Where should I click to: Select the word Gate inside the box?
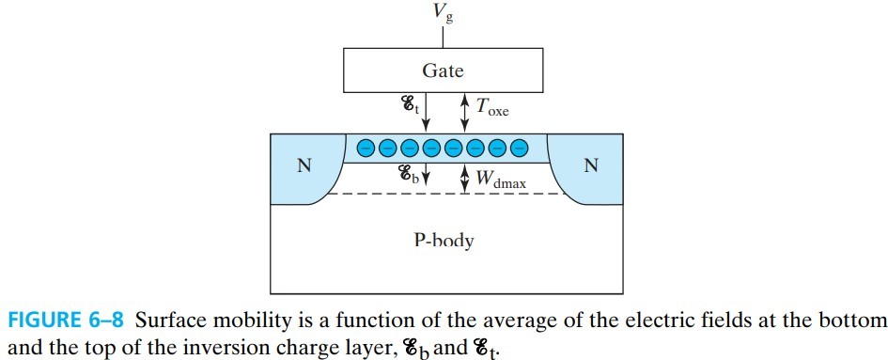coord(443,70)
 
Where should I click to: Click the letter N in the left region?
coord(304,166)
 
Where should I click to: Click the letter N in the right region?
coord(590,166)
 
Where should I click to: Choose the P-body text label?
coord(443,241)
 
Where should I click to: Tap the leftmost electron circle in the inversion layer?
coord(366,148)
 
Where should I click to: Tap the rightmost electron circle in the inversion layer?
coord(519,148)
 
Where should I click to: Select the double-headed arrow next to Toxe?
coord(463,112)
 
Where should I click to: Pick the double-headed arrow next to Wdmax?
coord(463,178)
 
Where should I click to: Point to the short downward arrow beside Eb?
coord(426,174)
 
